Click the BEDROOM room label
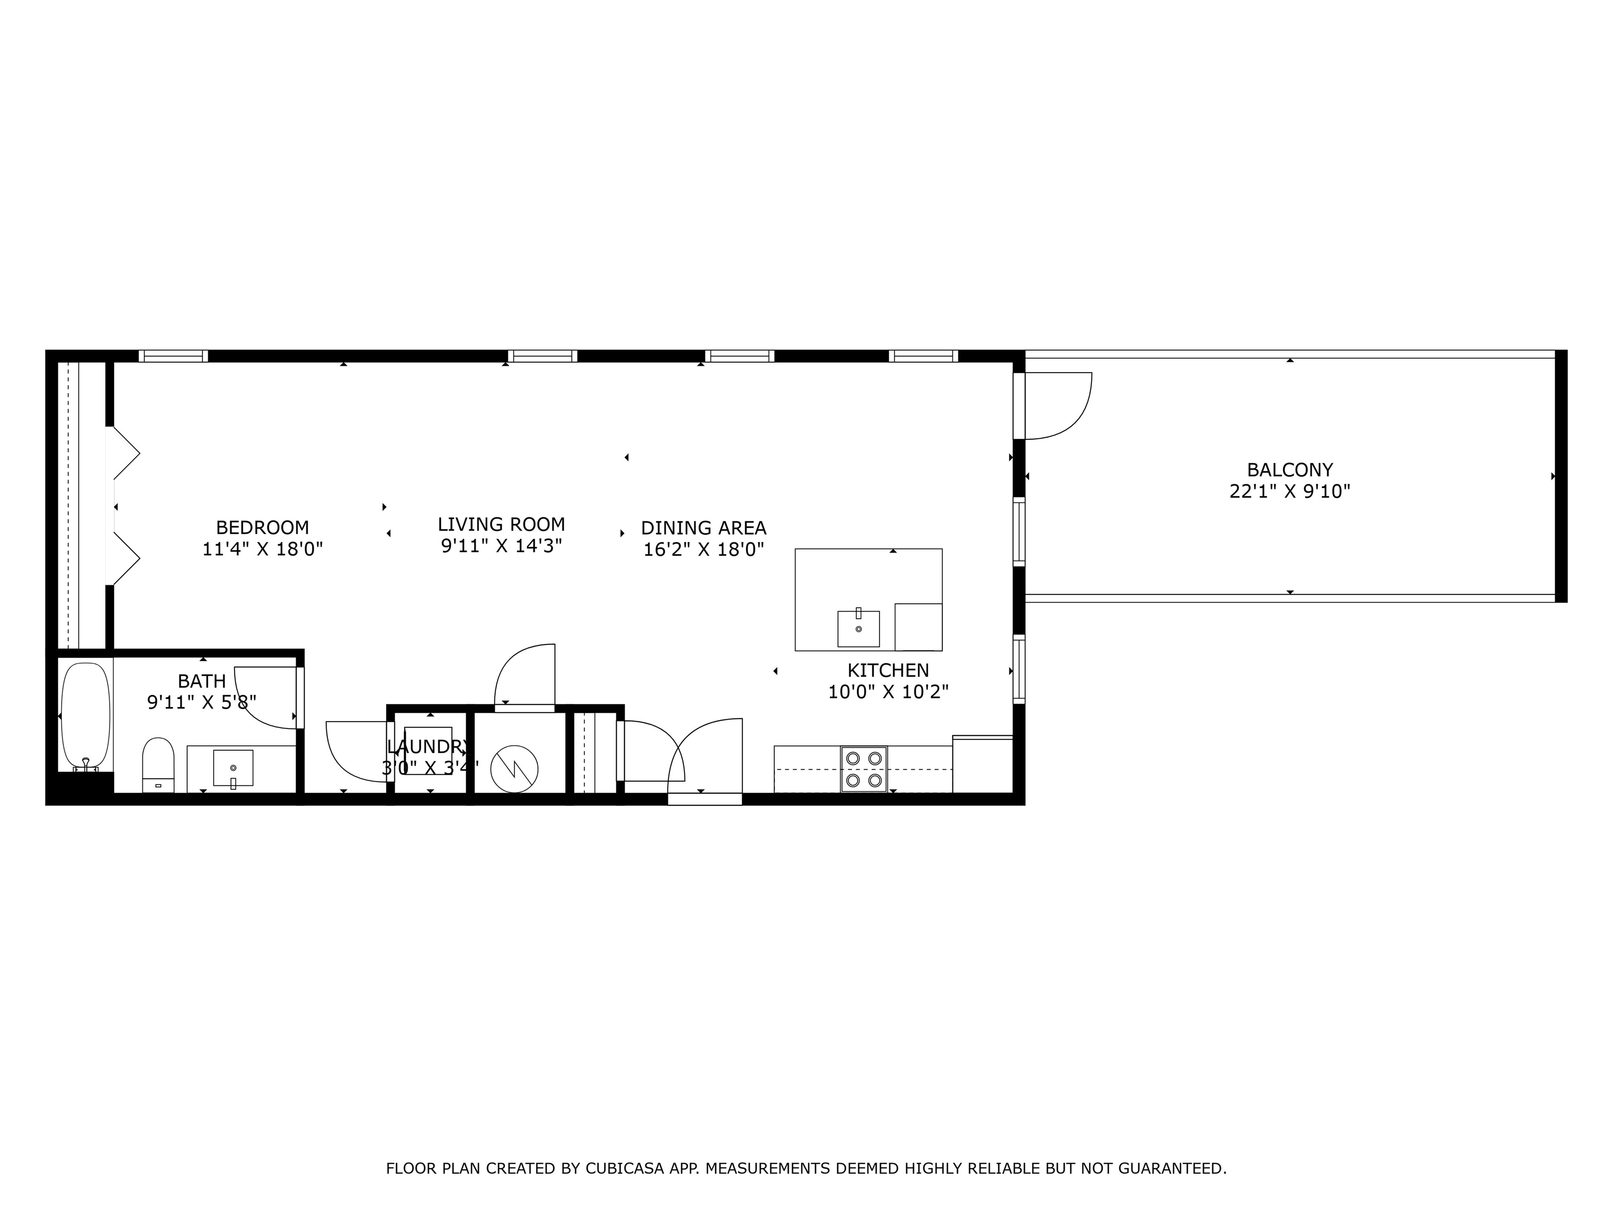(263, 527)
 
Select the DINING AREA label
(704, 528)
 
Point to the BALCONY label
(1290, 470)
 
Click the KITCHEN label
(888, 670)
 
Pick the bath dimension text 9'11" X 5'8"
(202, 702)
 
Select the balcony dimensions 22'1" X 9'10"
(1290, 492)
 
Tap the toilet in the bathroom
(158, 764)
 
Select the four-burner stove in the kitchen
(864, 769)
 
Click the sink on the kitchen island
(858, 627)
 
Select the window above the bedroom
(173, 356)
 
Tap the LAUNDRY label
(429, 747)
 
